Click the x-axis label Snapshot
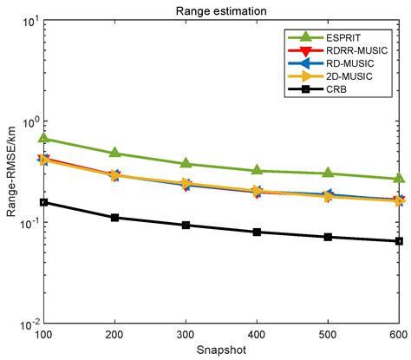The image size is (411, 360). pyautogui.click(x=221, y=350)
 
